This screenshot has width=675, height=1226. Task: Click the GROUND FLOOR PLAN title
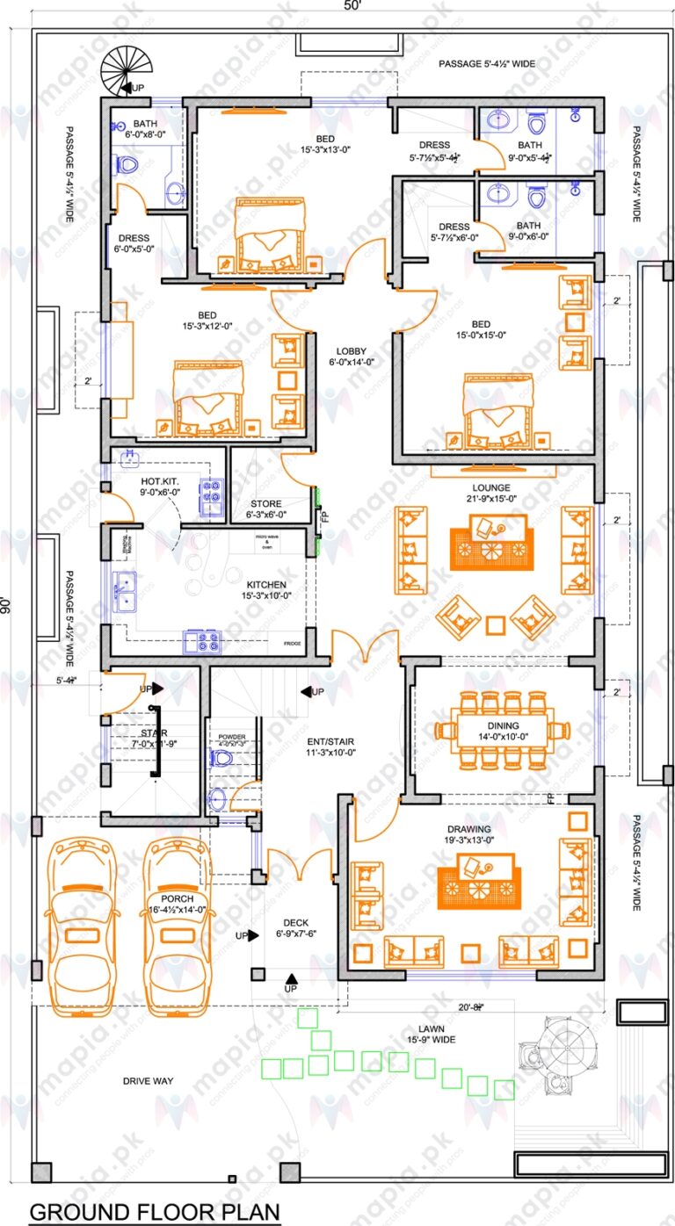click(155, 1212)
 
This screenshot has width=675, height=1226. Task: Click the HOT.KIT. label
click(159, 482)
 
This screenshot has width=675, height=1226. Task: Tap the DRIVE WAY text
click(148, 1080)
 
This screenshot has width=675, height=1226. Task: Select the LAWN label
click(431, 1028)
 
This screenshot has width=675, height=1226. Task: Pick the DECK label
click(294, 922)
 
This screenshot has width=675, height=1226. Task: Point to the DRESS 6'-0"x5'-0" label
click(132, 243)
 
